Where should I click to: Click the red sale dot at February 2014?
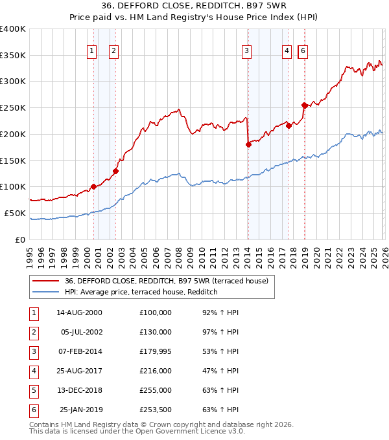[248, 144]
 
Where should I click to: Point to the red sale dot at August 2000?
[93, 186]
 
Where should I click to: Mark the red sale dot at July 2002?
[115, 171]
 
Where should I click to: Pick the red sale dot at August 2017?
[289, 126]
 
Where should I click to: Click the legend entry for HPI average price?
[141, 292]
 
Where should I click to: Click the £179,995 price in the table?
[155, 351]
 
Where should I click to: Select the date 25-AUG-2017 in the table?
[80, 371]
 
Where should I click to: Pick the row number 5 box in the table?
[32, 390]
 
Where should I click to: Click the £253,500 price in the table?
[155, 410]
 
